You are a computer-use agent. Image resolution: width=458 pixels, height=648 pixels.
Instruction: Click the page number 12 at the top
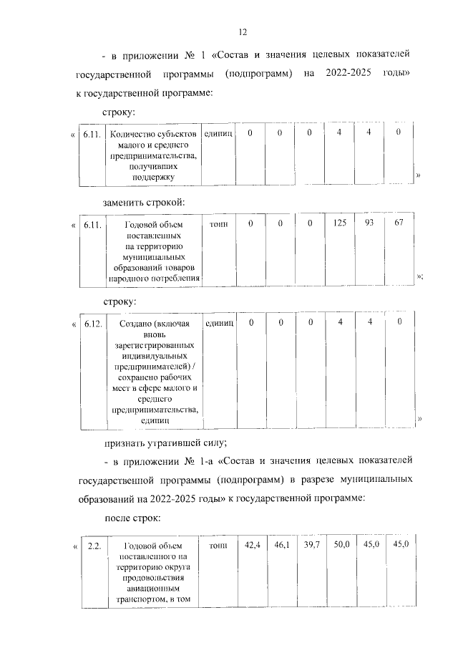[x=243, y=32]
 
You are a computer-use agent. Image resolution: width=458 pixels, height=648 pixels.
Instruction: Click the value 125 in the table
[x=339, y=224]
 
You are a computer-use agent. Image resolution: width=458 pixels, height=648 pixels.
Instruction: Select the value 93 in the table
[x=369, y=224]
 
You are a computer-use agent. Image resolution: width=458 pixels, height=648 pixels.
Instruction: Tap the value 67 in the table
[x=399, y=224]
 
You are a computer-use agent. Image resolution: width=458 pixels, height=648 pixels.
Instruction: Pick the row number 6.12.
[x=93, y=324]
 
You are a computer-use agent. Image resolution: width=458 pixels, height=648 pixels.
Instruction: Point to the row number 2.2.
[x=93, y=547]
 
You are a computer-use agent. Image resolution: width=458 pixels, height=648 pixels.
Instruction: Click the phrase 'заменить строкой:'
[x=144, y=202]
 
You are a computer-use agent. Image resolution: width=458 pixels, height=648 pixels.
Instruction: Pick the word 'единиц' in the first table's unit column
[x=218, y=134]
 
